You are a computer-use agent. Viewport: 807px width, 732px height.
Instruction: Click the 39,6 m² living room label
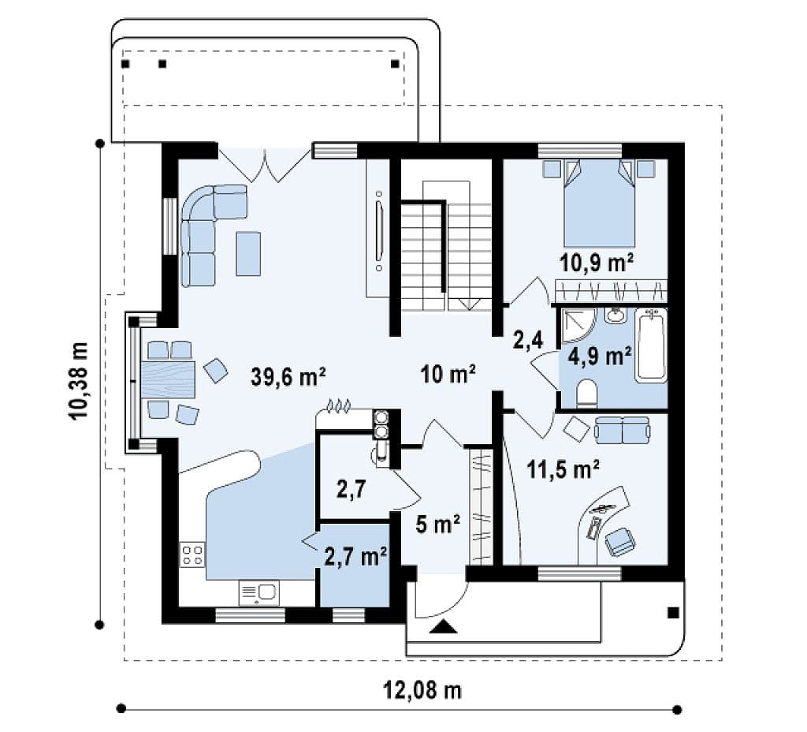point(288,376)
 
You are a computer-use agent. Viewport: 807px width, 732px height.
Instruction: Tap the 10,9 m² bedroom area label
point(597,263)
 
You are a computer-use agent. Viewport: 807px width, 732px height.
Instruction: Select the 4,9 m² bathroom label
point(600,356)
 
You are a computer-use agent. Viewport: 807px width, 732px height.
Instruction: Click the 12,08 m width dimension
point(423,689)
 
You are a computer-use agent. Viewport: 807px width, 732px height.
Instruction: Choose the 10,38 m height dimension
point(79,381)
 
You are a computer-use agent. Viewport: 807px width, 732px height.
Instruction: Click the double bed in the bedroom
point(599,203)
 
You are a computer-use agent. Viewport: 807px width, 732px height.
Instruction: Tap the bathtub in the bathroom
point(651,345)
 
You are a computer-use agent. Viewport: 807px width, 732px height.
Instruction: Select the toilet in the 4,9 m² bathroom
point(586,393)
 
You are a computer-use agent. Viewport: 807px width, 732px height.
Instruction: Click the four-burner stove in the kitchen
point(192,555)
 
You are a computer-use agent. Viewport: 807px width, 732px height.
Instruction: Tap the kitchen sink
point(258,592)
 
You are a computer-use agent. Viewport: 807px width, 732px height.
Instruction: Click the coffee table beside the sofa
point(248,254)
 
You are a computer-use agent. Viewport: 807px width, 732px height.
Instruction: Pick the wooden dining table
point(169,379)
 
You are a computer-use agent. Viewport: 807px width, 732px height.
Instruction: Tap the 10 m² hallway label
point(448,373)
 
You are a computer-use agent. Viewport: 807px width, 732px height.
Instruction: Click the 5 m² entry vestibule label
point(438,525)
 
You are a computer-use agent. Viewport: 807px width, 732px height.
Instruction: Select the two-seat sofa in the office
point(622,430)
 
